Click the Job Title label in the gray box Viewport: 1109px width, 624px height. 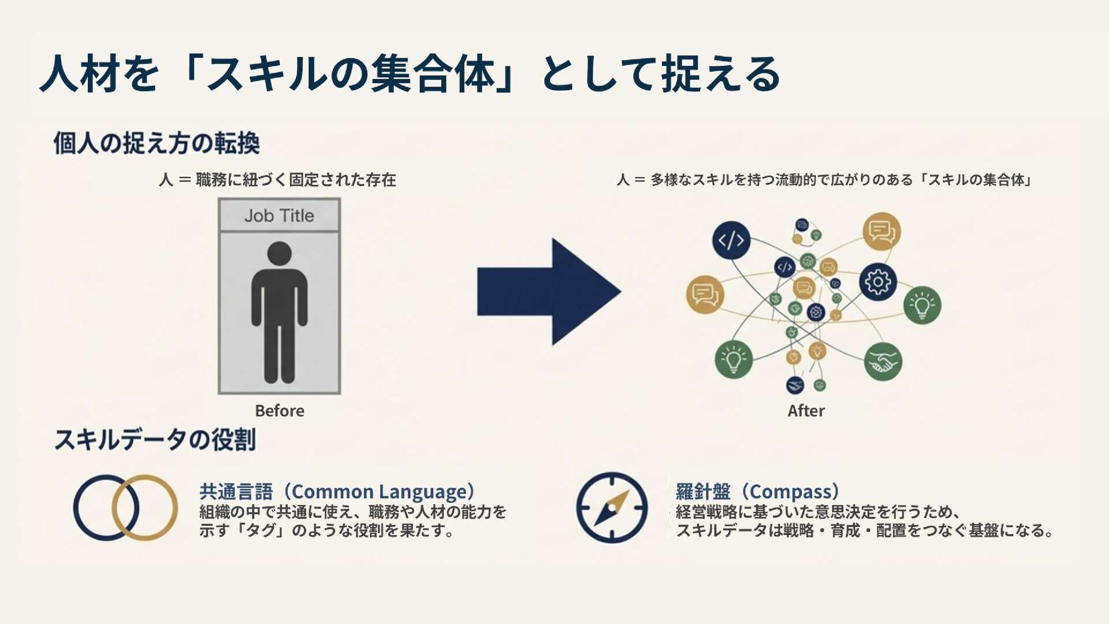click(279, 216)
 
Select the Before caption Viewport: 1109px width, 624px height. click(280, 411)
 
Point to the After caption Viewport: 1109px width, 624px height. click(806, 411)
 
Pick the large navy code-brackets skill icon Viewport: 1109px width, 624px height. click(731, 240)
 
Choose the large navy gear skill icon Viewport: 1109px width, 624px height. click(877, 282)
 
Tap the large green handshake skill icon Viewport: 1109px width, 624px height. click(883, 362)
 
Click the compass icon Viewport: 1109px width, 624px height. click(612, 508)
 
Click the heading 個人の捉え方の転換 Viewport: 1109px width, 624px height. click(157, 143)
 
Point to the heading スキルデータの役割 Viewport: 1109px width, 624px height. click(155, 440)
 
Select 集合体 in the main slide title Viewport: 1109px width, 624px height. click(433, 74)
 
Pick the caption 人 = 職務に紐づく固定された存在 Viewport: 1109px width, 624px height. click(277, 180)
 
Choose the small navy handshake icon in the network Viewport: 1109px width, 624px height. click(795, 385)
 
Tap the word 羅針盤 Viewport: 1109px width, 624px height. click(703, 492)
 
